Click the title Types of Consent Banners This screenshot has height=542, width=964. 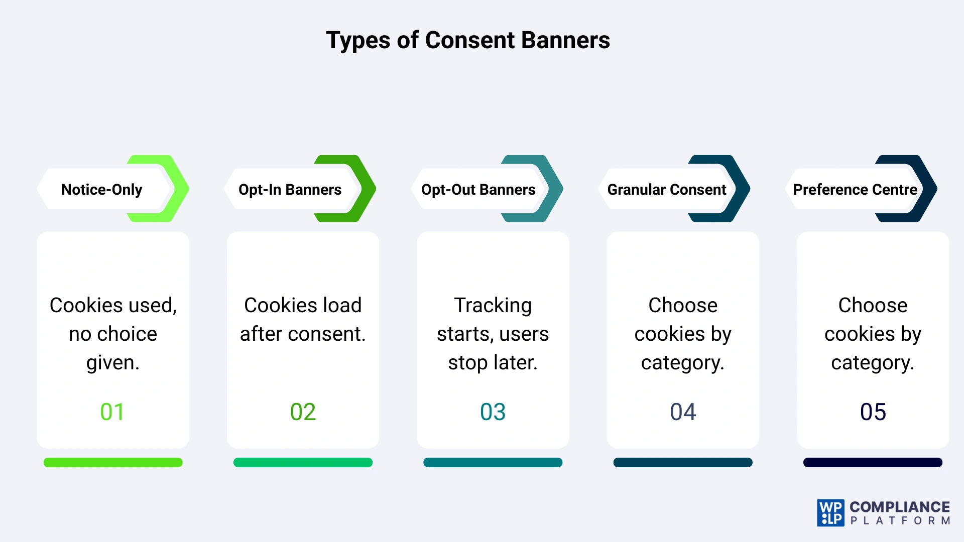467,40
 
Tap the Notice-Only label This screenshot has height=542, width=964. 101,190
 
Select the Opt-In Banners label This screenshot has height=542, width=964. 290,190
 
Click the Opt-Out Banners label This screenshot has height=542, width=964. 478,190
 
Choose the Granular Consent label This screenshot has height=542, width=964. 666,190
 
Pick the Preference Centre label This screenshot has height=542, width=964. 855,190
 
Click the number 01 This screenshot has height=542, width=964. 112,412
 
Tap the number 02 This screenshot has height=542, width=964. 303,412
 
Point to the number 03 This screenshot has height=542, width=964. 493,412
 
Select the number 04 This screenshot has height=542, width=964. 683,412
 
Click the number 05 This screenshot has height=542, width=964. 873,412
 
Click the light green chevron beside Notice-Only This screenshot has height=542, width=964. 178,189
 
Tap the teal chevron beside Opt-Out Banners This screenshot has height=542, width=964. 553,189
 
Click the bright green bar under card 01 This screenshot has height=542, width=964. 113,462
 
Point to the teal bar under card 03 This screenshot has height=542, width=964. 493,462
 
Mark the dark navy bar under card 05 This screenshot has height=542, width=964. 873,462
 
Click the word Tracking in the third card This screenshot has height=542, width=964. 493,305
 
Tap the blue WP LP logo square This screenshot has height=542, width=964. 830,513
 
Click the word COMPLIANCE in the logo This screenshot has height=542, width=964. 899,507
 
